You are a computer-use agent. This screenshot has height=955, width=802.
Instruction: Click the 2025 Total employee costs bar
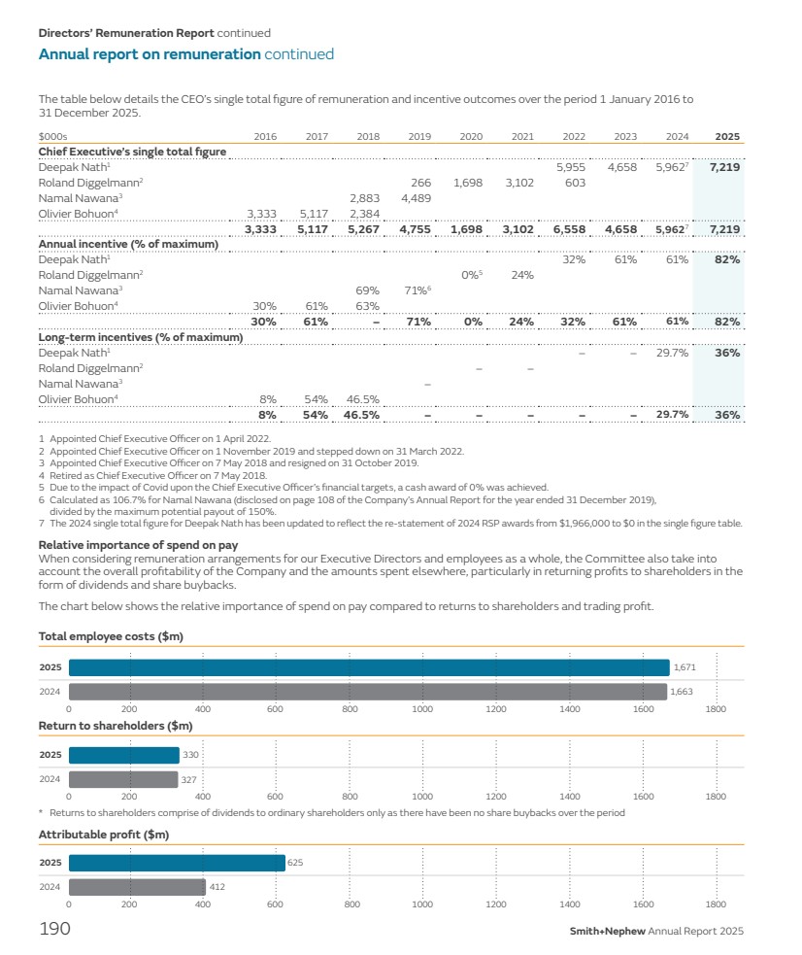[369, 667]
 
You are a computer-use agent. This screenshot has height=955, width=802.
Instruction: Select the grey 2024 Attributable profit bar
[137, 887]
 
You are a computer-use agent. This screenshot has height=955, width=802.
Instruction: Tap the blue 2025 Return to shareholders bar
[124, 755]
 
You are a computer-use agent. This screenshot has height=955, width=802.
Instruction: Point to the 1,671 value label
[685, 667]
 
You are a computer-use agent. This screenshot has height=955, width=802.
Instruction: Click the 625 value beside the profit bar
[295, 862]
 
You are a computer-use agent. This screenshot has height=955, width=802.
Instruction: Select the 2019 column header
[419, 137]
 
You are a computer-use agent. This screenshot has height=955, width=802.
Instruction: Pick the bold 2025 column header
[727, 137]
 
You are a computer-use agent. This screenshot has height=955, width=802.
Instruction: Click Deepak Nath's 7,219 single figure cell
[724, 168]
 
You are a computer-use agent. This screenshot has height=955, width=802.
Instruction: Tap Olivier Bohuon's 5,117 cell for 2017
[316, 214]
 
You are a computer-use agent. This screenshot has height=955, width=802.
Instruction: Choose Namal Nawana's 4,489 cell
[416, 198]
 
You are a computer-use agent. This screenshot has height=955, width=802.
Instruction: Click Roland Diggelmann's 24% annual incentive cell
[522, 275]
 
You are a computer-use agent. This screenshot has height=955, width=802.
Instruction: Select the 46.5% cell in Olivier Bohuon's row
[362, 399]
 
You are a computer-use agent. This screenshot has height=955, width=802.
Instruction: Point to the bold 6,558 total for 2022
[569, 229]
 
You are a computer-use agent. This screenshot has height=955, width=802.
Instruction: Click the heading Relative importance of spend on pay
[138, 545]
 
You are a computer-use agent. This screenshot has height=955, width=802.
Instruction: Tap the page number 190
[54, 930]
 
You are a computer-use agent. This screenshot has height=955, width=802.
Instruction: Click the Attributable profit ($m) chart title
[104, 835]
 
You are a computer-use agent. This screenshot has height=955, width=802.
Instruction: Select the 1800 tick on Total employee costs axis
[716, 710]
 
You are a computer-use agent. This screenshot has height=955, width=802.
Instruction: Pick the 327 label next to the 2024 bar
[190, 779]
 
